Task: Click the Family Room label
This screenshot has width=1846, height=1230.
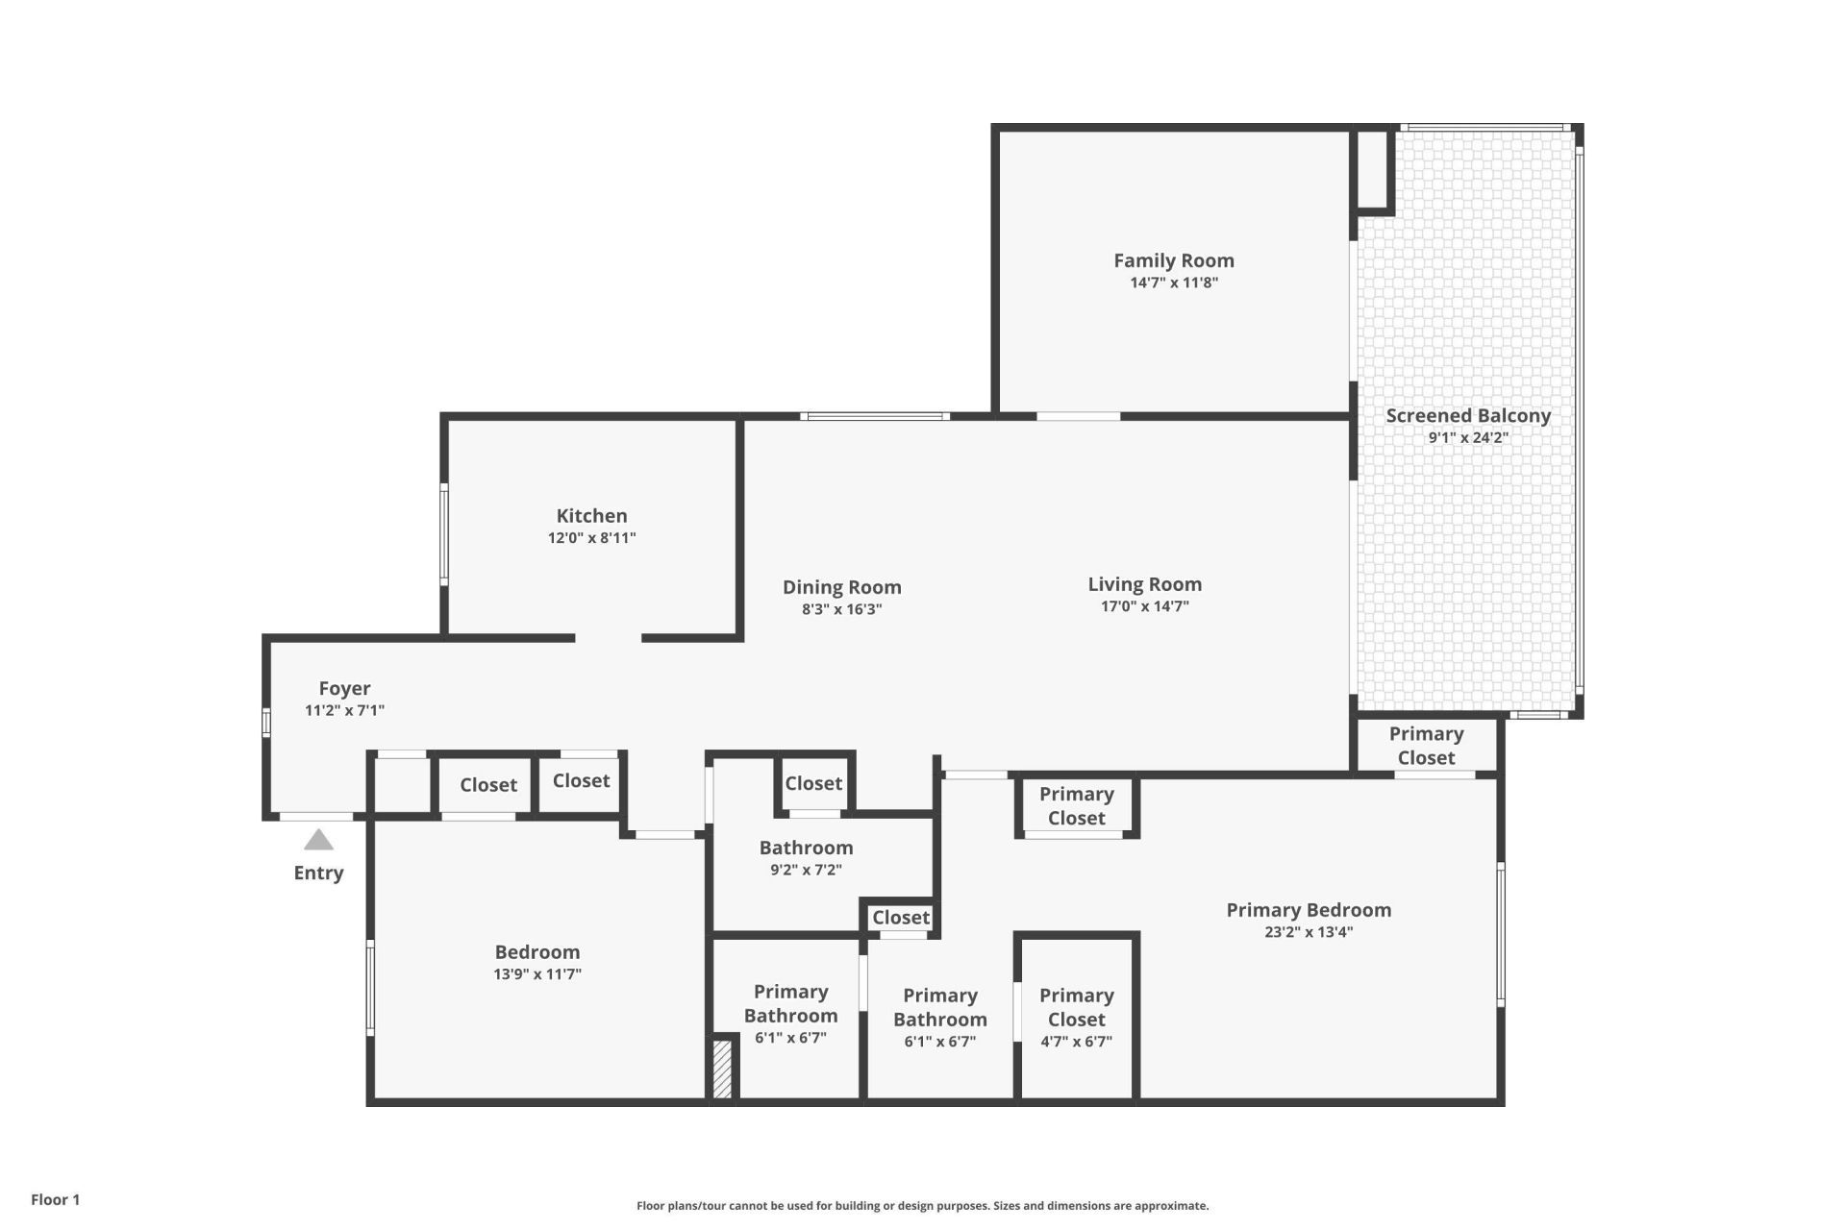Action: pos(1173,260)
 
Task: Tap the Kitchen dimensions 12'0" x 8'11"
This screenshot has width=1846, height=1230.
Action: pos(591,538)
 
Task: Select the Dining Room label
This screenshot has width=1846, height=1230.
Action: pos(841,587)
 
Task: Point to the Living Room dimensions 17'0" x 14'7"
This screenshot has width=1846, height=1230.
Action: pos(1144,606)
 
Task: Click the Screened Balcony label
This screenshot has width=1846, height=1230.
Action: pos(1467,416)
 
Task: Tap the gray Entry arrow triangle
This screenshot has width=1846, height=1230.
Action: pos(318,841)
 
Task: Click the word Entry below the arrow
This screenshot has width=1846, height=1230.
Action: pos(318,873)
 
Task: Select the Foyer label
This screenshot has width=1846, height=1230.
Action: pos(344,688)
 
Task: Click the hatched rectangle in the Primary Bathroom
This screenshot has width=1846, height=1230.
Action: pos(722,1068)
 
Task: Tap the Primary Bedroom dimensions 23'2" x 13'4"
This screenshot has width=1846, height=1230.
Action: pos(1308,932)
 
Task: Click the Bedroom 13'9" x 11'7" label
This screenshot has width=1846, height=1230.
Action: pos(536,962)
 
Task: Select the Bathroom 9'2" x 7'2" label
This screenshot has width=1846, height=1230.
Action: pos(806,857)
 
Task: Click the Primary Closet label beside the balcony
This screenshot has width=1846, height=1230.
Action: pos(1426,746)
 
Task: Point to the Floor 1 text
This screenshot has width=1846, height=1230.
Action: pos(55,1199)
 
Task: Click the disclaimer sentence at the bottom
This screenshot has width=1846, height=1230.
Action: pos(922,1205)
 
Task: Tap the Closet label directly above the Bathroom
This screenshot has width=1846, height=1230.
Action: pos(812,783)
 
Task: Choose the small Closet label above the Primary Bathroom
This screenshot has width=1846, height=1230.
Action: pos(900,918)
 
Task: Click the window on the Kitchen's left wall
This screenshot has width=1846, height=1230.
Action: pos(444,534)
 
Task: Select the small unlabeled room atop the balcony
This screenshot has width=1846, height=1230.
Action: pos(1372,168)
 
